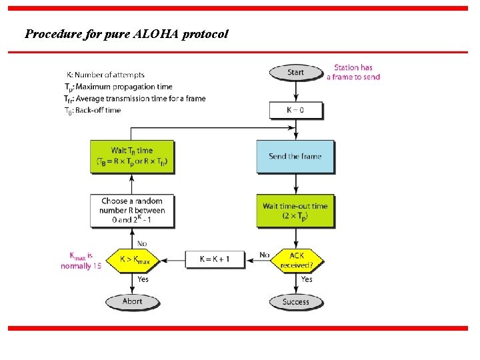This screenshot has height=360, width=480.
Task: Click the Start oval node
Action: tap(295, 72)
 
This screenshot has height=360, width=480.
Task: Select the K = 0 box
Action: tap(295, 109)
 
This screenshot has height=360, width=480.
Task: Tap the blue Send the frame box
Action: tap(295, 157)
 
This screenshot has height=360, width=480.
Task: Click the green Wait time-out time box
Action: tap(295, 211)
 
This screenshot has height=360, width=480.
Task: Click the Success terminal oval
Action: tap(295, 301)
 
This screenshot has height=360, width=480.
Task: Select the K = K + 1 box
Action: tap(214, 259)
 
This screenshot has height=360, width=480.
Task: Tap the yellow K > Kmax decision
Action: tap(135, 259)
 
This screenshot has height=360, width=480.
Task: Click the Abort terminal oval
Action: tap(132, 301)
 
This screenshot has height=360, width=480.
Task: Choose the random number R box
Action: tap(132, 210)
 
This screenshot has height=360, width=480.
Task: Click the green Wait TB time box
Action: tap(132, 156)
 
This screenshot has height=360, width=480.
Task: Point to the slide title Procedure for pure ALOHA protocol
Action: tap(127, 33)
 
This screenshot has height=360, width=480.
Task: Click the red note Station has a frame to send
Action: tap(353, 72)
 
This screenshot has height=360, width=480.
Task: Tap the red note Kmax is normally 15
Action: tap(81, 259)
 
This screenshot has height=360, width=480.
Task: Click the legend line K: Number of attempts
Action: tap(105, 75)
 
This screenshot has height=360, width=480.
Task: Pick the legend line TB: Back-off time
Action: tap(93, 110)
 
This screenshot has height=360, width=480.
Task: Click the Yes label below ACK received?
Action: tap(307, 279)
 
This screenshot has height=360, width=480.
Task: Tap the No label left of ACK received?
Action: tap(264, 255)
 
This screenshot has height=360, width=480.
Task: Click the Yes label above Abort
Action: tap(143, 279)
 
